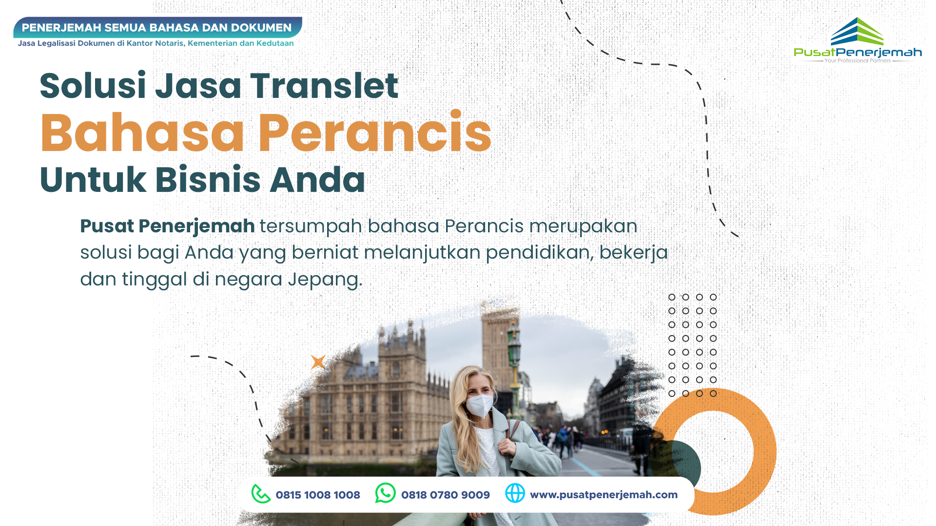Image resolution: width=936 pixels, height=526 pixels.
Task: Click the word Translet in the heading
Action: (324, 86)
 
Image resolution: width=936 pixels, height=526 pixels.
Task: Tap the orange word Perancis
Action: (374, 132)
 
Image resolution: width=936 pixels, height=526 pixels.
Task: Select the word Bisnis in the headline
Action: (208, 179)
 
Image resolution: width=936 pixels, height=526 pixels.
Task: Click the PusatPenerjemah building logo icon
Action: (857, 32)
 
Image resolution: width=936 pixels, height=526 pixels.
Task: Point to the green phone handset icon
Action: (261, 493)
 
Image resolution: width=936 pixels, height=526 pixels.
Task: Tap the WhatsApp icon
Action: (385, 493)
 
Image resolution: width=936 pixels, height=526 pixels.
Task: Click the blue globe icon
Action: (515, 493)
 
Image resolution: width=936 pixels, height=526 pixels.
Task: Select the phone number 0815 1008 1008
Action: (318, 495)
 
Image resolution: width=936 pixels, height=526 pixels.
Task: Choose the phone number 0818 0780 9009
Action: (446, 495)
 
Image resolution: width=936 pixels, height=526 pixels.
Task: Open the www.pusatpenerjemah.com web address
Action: (604, 495)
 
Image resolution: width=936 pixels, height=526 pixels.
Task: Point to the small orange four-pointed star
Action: (318, 362)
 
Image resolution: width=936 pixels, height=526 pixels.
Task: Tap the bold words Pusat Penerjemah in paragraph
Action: (167, 226)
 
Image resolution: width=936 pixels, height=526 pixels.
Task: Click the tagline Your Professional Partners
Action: (858, 61)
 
